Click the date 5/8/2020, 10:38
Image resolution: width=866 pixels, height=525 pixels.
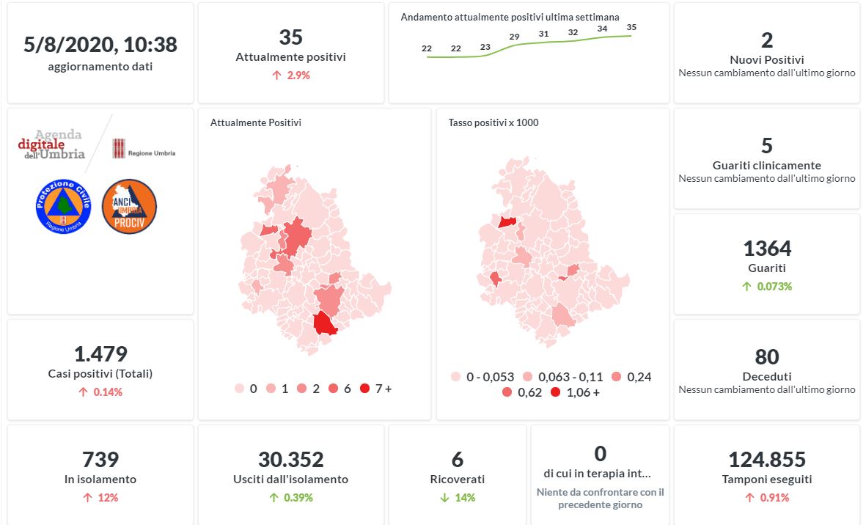pyautogui.click(x=100, y=45)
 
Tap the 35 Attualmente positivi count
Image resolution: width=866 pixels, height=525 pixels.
pyautogui.click(x=290, y=37)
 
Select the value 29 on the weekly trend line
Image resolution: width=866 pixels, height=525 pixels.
pyautogui.click(x=514, y=37)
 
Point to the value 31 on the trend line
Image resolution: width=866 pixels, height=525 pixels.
pyautogui.click(x=543, y=34)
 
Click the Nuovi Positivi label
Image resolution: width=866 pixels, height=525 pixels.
pyautogui.click(x=766, y=59)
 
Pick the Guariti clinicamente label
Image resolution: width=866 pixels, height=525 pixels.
pyautogui.click(x=766, y=165)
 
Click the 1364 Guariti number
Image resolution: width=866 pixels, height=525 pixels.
pyautogui.click(x=767, y=249)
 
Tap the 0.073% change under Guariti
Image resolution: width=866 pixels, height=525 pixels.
pyautogui.click(x=772, y=287)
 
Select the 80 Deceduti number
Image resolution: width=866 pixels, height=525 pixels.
pyautogui.click(x=767, y=357)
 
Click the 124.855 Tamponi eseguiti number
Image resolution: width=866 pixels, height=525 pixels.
pyautogui.click(x=766, y=460)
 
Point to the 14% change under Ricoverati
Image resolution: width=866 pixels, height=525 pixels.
pyautogui.click(x=463, y=498)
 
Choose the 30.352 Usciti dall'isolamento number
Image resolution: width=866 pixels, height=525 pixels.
pyautogui.click(x=290, y=460)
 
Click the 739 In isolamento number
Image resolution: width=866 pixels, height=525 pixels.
pyautogui.click(x=100, y=460)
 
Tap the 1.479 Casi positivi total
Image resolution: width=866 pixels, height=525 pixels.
pyautogui.click(x=100, y=354)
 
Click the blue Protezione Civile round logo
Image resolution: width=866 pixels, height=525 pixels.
pyautogui.click(x=63, y=207)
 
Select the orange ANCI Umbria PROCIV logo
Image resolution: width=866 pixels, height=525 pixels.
pyautogui.click(x=129, y=207)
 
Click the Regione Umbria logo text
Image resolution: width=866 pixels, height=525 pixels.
pyautogui.click(x=151, y=153)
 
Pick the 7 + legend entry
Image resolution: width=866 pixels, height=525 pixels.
pyautogui.click(x=376, y=389)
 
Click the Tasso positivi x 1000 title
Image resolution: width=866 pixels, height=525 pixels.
pyautogui.click(x=493, y=122)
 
